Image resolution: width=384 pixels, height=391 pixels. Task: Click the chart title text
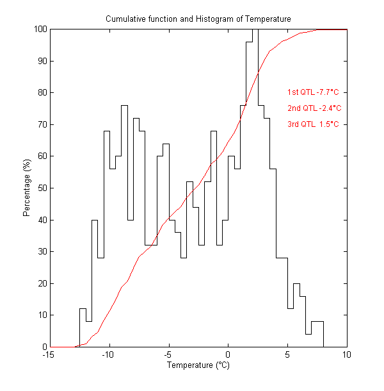[198, 19]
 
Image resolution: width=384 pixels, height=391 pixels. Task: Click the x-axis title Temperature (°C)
[198, 365]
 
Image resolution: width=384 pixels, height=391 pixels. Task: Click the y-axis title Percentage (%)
[27, 187]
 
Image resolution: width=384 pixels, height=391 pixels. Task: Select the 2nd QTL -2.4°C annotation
[314, 108]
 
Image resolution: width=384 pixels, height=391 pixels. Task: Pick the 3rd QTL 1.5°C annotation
[313, 124]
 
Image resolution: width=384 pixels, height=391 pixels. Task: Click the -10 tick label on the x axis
[109, 354]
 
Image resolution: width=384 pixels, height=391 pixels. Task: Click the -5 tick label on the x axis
[168, 354]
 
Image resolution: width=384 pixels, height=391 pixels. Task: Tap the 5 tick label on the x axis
[287, 354]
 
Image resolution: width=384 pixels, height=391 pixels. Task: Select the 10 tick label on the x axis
[347, 354]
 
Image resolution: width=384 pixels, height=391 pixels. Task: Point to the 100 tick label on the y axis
[40, 29]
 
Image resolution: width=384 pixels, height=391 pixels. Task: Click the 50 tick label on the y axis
[42, 188]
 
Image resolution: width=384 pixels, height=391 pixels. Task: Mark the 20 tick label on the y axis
[42, 283]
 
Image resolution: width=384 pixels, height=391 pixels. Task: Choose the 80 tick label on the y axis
[42, 92]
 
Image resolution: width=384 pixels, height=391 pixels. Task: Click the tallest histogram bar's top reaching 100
[255, 29]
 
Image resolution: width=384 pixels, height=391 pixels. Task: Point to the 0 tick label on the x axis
[228, 354]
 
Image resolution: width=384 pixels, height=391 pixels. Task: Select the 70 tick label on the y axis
[42, 124]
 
